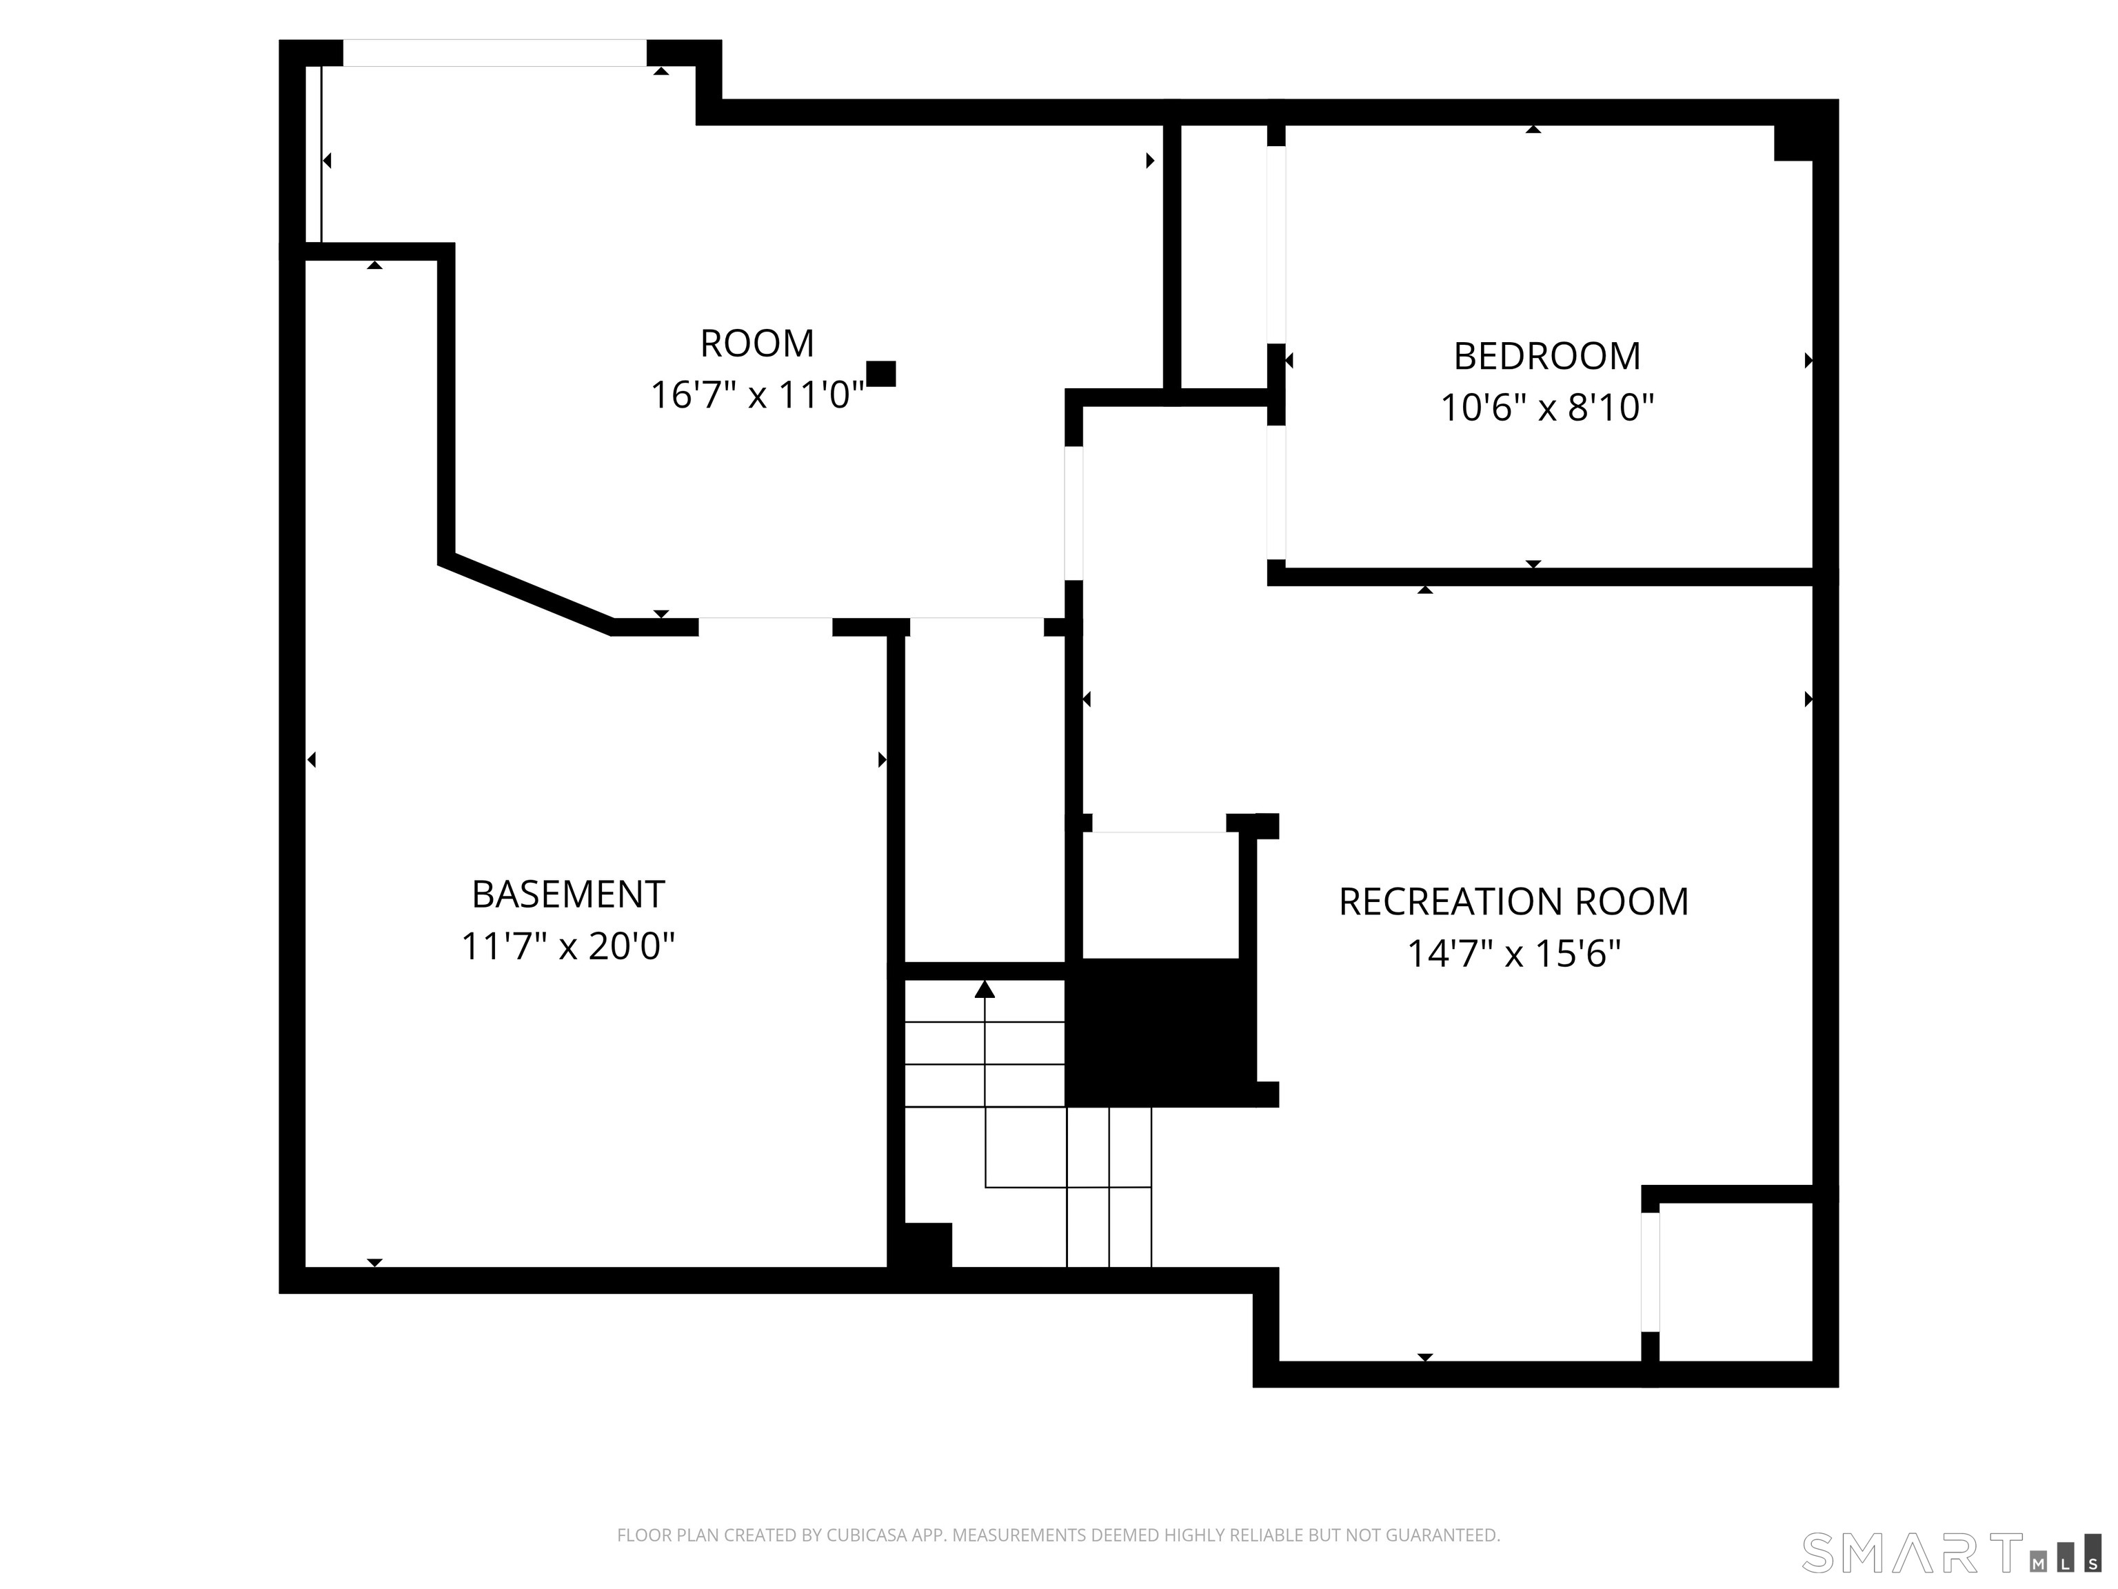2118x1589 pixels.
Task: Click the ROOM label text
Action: (x=756, y=343)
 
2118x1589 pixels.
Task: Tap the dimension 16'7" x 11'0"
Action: (x=756, y=394)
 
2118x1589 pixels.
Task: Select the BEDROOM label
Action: (x=1546, y=357)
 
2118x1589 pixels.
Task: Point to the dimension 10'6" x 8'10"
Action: (x=1546, y=408)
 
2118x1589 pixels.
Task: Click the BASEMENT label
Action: (x=568, y=895)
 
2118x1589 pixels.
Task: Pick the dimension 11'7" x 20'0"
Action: (x=568, y=946)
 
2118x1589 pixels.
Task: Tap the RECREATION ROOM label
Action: (x=1513, y=902)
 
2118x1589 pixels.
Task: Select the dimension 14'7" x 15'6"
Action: (x=1513, y=954)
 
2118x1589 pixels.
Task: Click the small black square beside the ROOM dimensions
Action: (x=881, y=374)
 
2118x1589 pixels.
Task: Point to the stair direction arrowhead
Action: (x=985, y=990)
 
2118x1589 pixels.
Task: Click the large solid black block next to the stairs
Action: (x=1160, y=1032)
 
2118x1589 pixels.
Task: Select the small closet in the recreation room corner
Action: (x=1735, y=1281)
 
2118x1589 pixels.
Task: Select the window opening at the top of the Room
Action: (x=494, y=52)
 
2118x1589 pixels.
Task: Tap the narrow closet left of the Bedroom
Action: (x=1222, y=257)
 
